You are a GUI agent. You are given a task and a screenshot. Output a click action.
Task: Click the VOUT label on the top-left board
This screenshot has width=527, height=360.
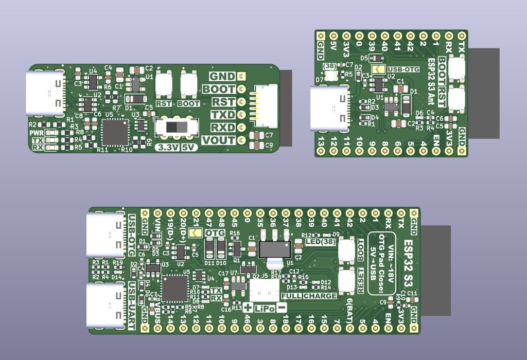(x=219, y=140)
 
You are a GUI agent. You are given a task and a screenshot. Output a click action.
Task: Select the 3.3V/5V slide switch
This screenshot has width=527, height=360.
(x=177, y=127)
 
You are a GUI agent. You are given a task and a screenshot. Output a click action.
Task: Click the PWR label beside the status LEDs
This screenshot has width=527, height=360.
(x=37, y=133)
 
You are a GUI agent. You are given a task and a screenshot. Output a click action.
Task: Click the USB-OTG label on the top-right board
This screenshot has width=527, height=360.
(x=402, y=69)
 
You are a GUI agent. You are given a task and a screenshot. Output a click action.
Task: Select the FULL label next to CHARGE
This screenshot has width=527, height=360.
(x=291, y=296)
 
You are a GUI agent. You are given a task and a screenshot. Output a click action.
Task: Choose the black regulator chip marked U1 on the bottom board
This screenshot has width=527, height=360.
(x=274, y=249)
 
